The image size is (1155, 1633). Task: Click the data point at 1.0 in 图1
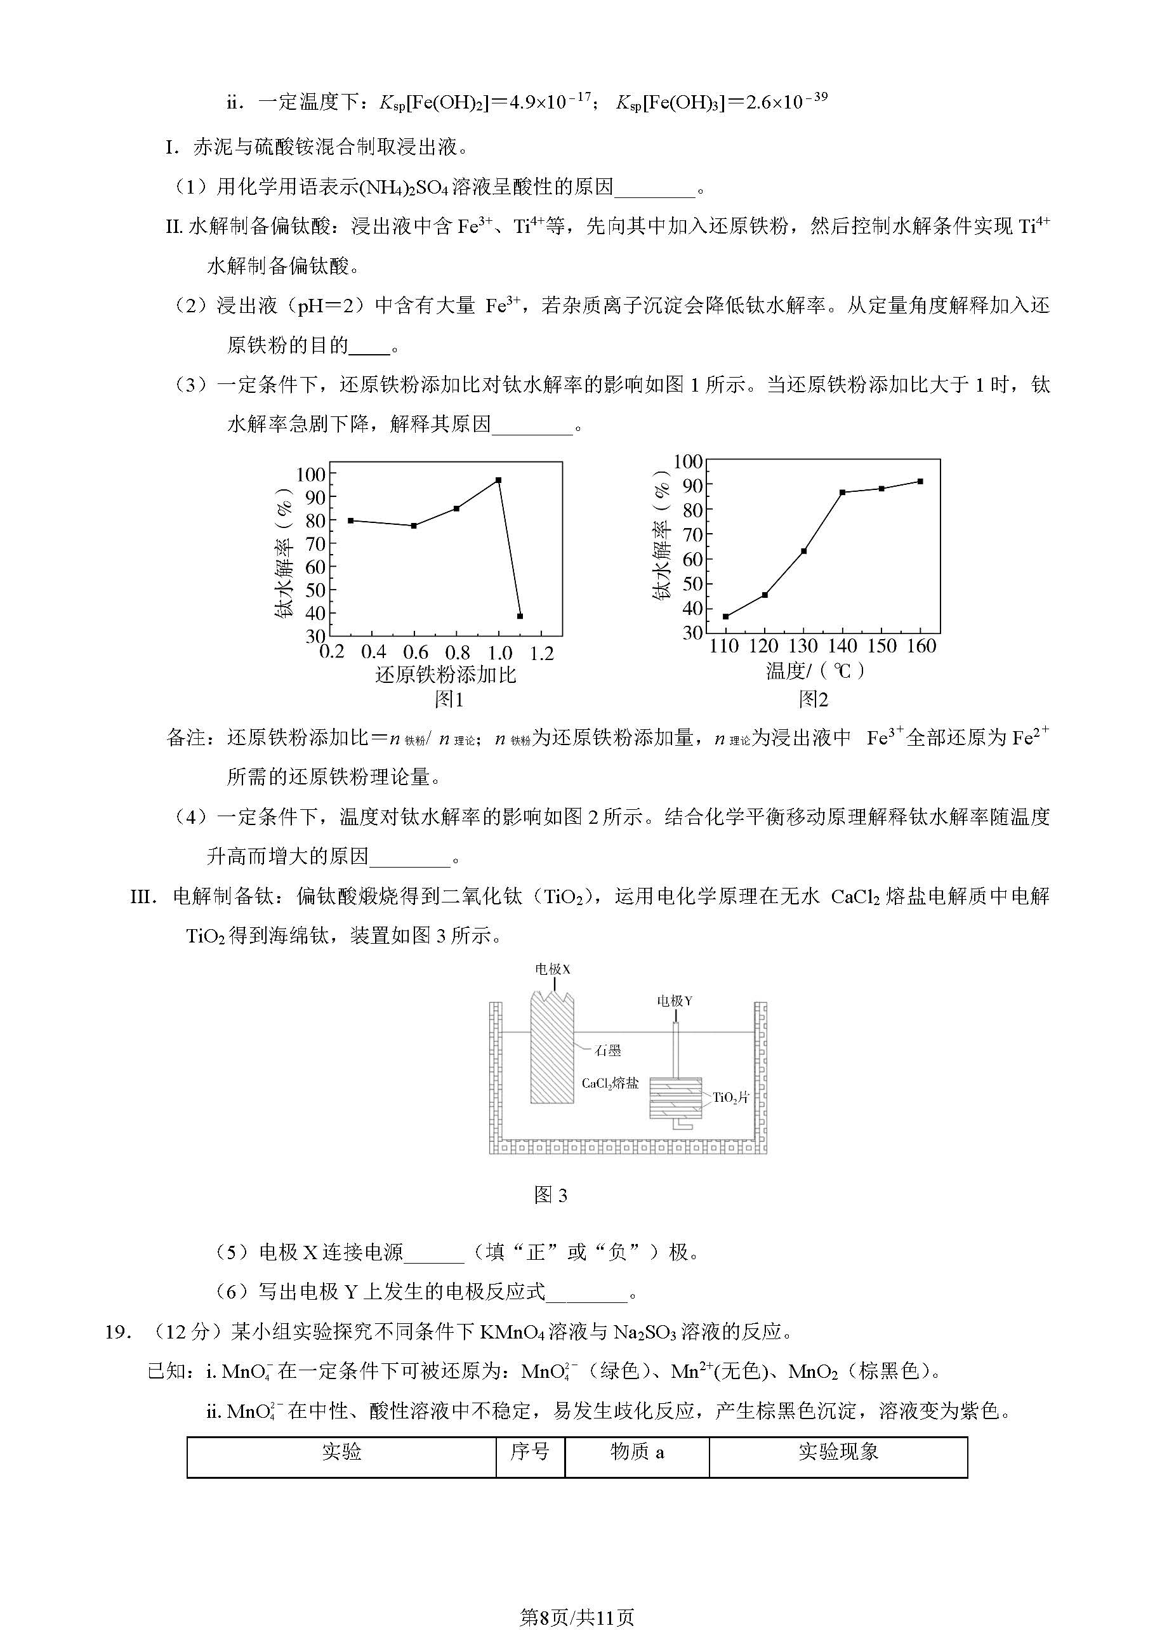coord(499,480)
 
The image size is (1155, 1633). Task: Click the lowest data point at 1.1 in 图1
coord(520,616)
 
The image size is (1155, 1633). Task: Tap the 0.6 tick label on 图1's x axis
coord(415,652)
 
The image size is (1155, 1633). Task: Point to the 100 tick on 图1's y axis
coord(310,474)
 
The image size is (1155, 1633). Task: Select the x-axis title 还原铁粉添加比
coord(445,674)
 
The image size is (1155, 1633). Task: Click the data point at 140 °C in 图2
coord(842,492)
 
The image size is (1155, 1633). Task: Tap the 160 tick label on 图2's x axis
coord(921,647)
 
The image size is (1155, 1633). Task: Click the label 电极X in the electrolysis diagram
coord(553,969)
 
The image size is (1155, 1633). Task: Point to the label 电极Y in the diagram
coord(674,1002)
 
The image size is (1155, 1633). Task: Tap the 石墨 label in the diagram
coord(608,1050)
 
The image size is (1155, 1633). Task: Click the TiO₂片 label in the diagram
coord(732,1097)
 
